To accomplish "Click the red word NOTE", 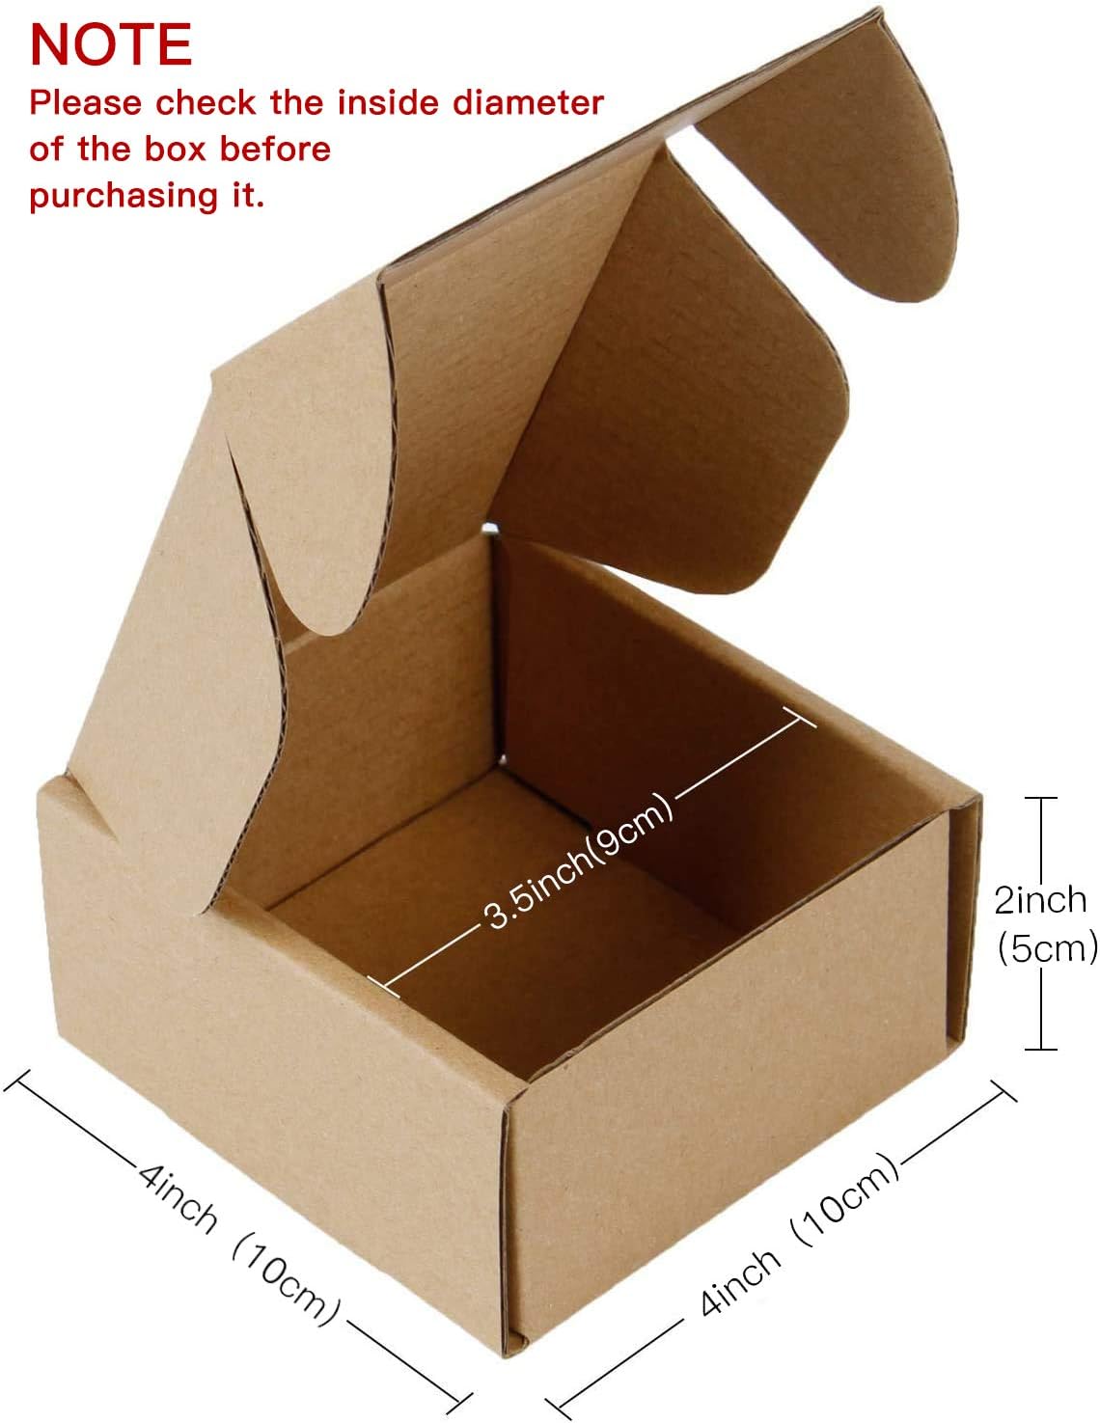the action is [x=111, y=43].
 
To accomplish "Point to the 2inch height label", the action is [x=1040, y=900].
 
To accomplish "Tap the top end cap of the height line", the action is [x=1040, y=799].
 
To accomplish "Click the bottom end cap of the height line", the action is [x=1040, y=1049].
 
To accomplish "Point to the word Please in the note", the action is [x=86, y=102].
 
